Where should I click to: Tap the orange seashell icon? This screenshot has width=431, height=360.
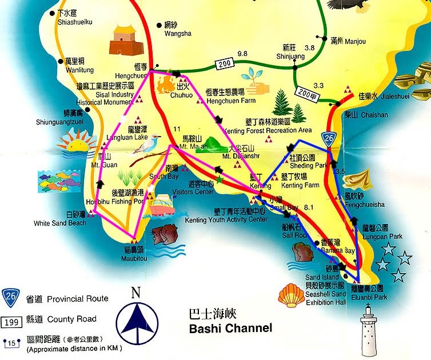pos(290,296)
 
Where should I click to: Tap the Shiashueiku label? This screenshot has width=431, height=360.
pos(75,22)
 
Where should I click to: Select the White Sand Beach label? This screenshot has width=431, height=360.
pos(60,223)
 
